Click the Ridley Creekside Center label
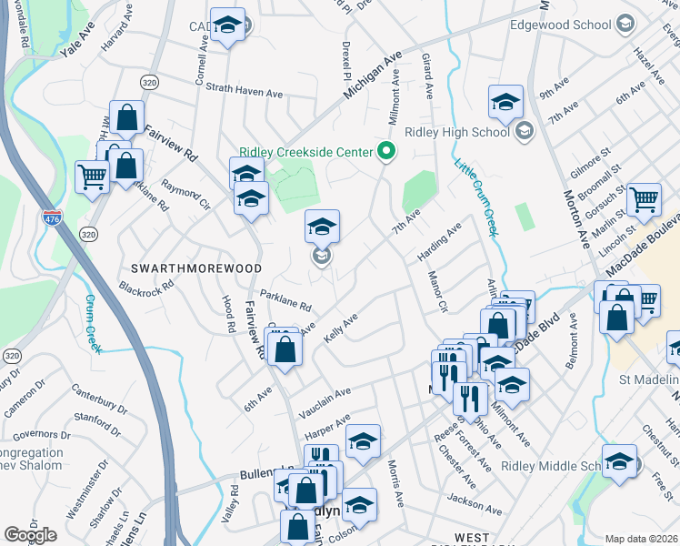click(x=307, y=152)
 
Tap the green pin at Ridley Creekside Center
click(x=386, y=151)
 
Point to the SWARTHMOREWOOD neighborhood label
click(x=196, y=268)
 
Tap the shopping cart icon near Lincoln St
click(x=645, y=199)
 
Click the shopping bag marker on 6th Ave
click(x=285, y=349)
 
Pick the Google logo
click(x=30, y=535)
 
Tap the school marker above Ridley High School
click(x=505, y=103)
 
